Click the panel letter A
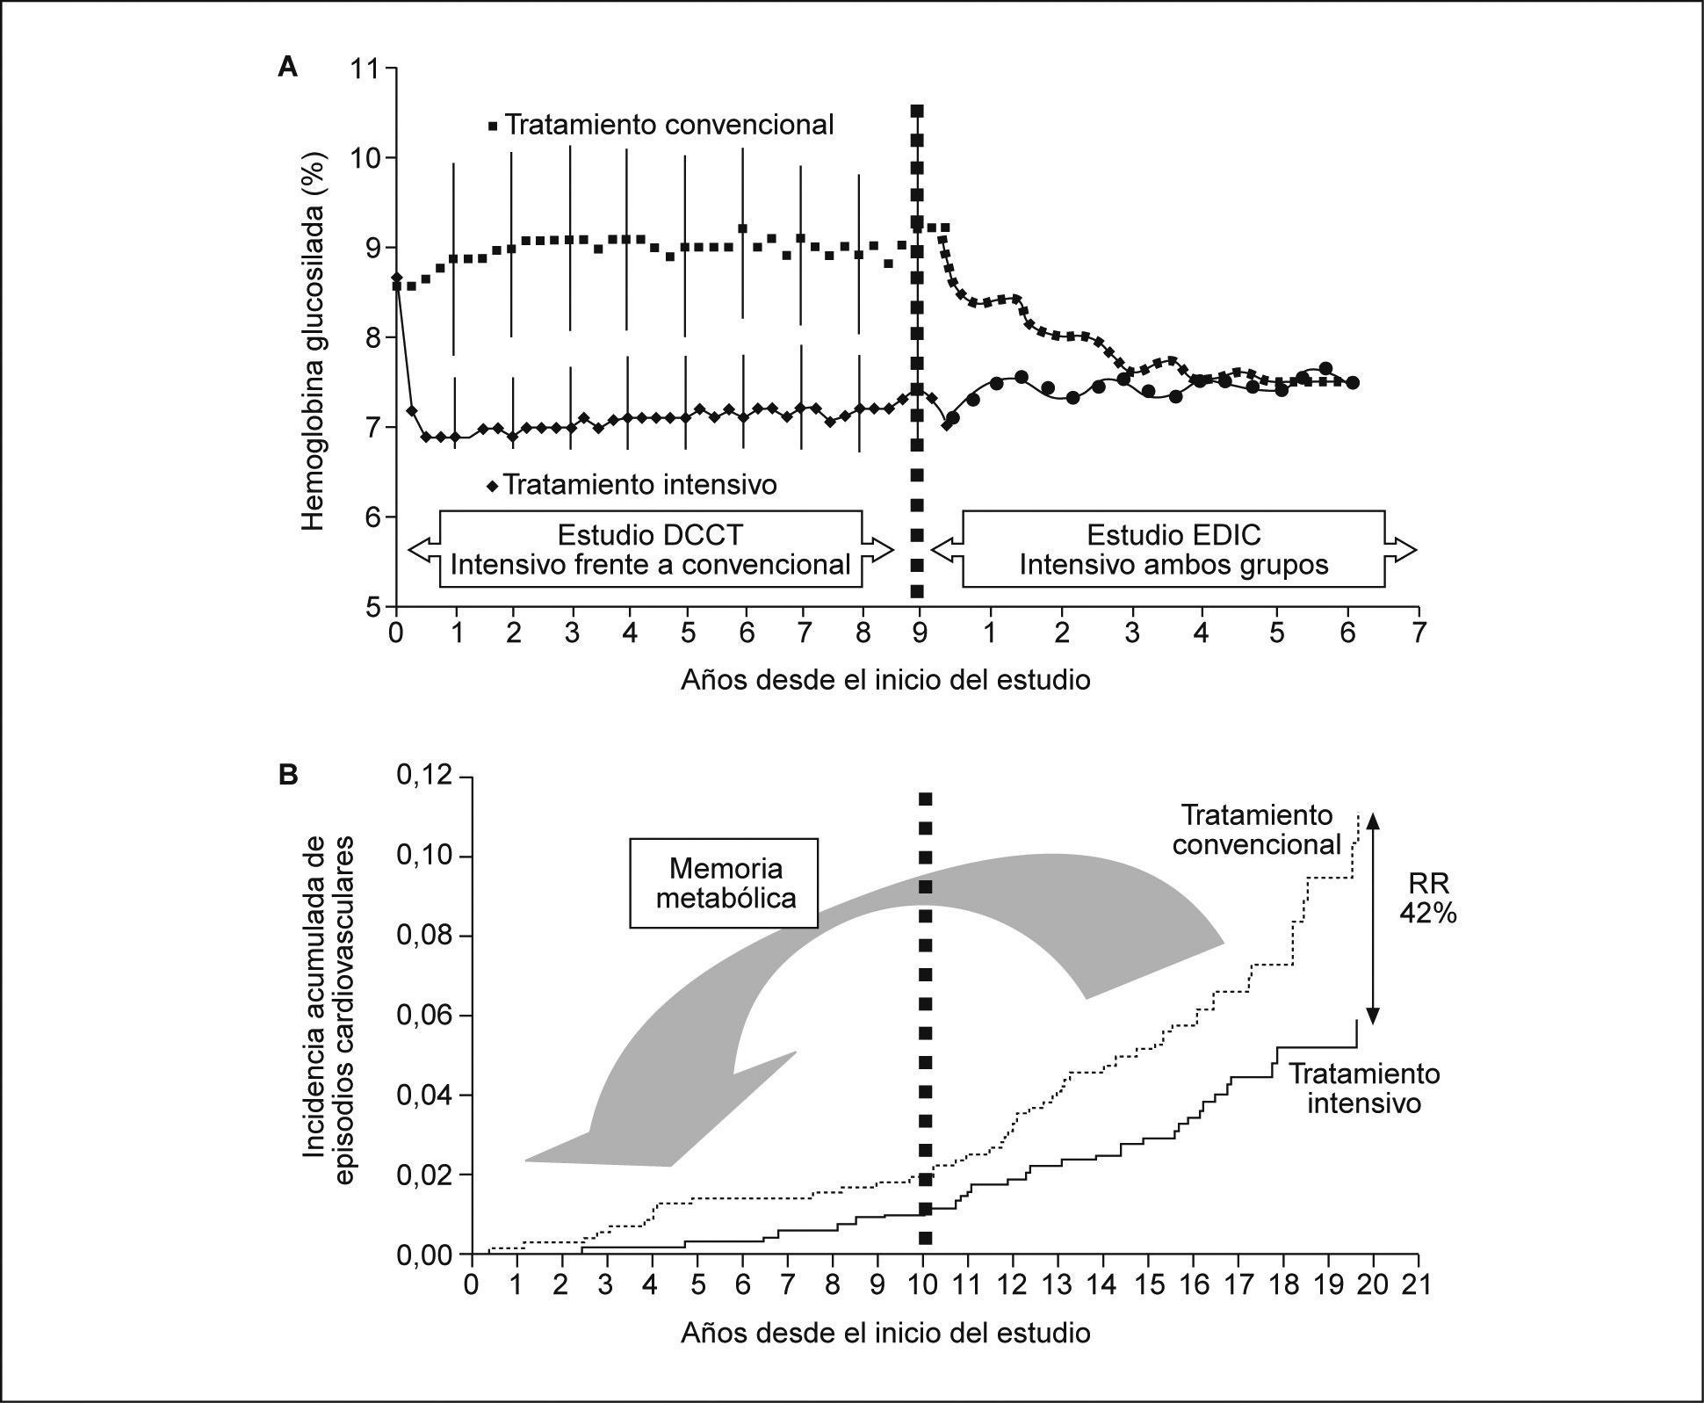pyautogui.click(x=287, y=67)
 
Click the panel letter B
pyautogui.click(x=287, y=775)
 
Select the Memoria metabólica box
pyautogui.click(x=725, y=883)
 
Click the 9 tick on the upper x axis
pyautogui.click(x=920, y=633)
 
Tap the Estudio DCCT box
pyautogui.click(x=650, y=549)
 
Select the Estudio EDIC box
pyautogui.click(x=1173, y=549)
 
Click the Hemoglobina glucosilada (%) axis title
pyautogui.click(x=314, y=343)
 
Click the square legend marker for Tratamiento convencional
pyautogui.click(x=492, y=126)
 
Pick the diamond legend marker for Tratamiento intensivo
pyautogui.click(x=492, y=484)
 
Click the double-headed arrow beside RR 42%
pyautogui.click(x=1375, y=916)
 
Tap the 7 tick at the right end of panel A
pyautogui.click(x=1418, y=633)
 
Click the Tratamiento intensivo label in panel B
pyautogui.click(x=1363, y=1088)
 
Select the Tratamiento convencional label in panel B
pyautogui.click(x=1256, y=829)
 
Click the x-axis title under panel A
pyautogui.click(x=885, y=679)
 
